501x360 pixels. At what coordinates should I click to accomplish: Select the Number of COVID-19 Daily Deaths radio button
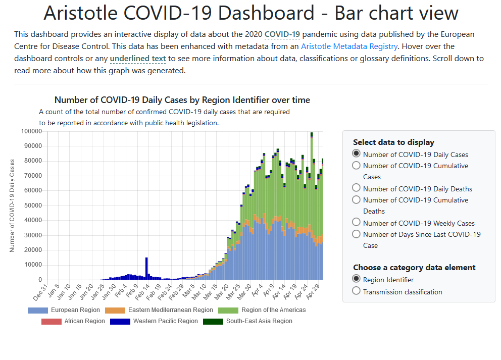356,188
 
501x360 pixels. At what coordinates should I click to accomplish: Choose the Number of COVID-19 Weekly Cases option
356,223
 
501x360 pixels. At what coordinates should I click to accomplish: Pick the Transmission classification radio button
356,291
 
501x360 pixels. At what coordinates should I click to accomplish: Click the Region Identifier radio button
356,279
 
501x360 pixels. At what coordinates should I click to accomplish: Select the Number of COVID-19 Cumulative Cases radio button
356,165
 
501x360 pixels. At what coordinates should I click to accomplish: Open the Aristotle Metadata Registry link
349,46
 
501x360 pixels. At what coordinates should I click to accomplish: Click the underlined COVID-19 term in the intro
282,34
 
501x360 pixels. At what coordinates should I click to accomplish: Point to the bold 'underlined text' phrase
138,59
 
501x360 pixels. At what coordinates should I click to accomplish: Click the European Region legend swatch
38,310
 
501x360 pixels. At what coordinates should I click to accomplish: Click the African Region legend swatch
52,321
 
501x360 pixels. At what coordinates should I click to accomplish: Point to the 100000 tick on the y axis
31,131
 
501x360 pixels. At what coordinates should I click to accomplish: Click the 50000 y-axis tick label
33,205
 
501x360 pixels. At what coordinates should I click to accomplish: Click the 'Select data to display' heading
393,142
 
